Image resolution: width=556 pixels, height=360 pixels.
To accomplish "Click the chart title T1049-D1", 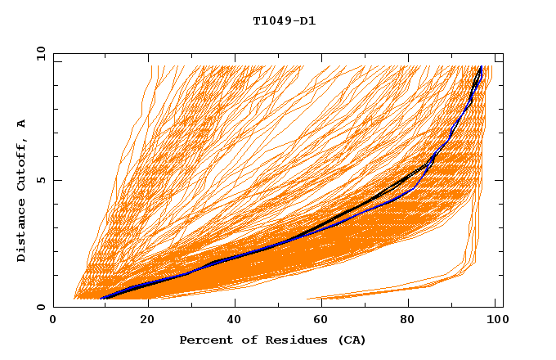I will pos(284,21).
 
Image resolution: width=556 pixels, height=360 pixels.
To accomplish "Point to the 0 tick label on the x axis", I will pos(54,320).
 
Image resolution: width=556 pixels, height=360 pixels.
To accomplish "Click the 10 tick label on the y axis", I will pos(39,53).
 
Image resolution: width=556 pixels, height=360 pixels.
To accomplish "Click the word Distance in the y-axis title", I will pos(22,231).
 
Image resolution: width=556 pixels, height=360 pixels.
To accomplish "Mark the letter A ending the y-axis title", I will pos(22,124).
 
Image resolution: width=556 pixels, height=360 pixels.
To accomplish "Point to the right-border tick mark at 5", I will pos(499,180).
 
